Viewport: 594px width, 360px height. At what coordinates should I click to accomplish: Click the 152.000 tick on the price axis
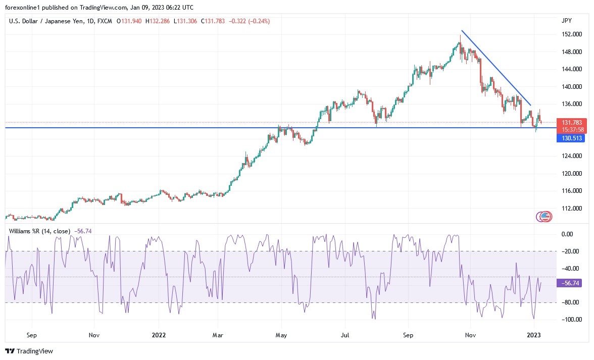point(572,34)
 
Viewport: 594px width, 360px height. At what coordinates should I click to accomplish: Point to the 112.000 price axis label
point(572,208)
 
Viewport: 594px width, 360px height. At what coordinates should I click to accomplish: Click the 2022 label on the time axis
point(159,335)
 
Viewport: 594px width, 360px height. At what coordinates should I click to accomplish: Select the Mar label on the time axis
point(218,335)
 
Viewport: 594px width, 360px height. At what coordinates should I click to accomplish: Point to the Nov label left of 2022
point(93,335)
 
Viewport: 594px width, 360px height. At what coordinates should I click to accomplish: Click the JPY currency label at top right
point(566,21)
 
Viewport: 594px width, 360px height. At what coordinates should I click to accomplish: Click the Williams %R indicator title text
point(40,231)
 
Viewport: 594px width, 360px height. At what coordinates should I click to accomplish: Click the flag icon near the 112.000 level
point(544,217)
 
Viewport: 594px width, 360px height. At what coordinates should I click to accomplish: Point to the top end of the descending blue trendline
point(461,31)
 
